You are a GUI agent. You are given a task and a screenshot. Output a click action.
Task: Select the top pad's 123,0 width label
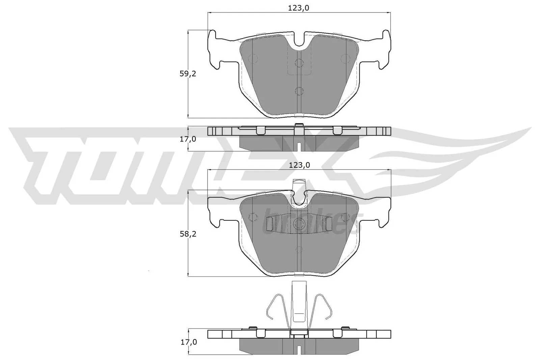click(299, 8)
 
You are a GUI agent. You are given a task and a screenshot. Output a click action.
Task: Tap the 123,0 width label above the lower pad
click(299, 165)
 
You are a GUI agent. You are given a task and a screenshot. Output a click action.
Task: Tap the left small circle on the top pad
click(252, 59)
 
